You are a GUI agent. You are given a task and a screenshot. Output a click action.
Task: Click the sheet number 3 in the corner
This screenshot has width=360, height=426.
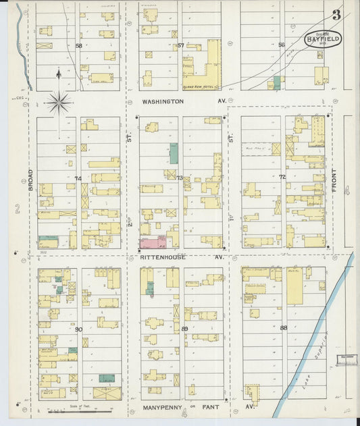click(x=336, y=15)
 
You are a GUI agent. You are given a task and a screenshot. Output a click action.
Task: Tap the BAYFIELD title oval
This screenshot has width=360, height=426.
click(x=322, y=40)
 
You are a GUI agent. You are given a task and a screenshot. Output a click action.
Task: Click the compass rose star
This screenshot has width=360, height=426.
click(x=59, y=103)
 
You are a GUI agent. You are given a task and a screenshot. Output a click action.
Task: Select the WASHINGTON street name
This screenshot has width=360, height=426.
click(x=163, y=101)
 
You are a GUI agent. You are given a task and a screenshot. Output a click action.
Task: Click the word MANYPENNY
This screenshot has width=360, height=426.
click(x=160, y=408)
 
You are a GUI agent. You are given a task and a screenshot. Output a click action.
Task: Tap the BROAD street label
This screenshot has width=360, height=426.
click(x=30, y=180)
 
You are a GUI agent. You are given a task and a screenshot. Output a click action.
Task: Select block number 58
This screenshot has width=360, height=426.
click(x=78, y=46)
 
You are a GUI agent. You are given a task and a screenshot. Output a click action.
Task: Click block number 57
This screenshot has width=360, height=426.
click(x=180, y=45)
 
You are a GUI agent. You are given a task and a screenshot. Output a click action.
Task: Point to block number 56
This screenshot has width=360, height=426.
click(x=282, y=45)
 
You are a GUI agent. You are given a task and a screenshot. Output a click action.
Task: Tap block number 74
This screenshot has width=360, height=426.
click(x=78, y=178)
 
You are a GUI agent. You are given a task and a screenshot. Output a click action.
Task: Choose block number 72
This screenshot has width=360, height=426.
click(x=282, y=177)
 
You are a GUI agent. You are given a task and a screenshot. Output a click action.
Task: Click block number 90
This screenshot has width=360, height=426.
click(x=79, y=329)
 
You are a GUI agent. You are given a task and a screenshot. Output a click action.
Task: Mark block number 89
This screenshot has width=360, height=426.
click(x=184, y=328)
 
